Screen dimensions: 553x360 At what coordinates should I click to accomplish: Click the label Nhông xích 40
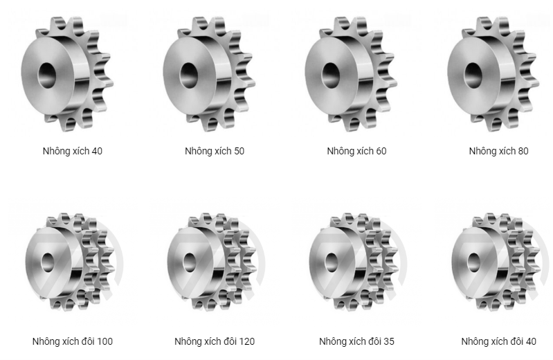coord(72,151)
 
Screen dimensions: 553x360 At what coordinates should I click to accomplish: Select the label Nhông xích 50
coord(215,151)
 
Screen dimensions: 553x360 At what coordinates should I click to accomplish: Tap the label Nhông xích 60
coord(356,151)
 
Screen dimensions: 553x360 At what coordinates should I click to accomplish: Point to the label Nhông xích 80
coord(499,151)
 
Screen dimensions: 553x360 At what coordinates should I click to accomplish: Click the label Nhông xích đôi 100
coord(72,341)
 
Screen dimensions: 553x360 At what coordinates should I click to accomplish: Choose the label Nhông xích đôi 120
coord(215,341)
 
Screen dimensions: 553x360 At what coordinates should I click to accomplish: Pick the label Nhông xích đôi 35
coord(356,341)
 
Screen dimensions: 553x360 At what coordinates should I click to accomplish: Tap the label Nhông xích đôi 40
coord(499,341)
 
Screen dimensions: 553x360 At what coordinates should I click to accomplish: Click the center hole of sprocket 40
coord(47,75)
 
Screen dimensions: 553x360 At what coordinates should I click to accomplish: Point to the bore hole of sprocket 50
coord(189,75)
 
